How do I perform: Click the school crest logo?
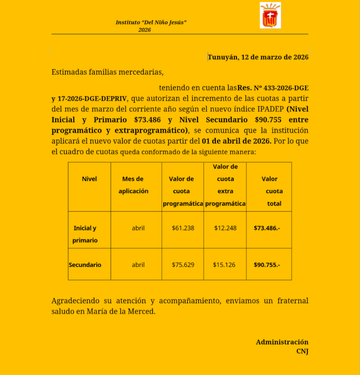pos(270,15)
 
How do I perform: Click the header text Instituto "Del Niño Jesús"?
pos(151,22)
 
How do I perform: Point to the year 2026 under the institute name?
pos(145,30)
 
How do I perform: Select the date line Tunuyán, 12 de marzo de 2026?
pos(258,57)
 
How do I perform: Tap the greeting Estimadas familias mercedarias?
pos(107,72)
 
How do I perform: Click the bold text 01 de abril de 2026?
pos(237,140)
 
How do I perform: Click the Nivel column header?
pos(89,179)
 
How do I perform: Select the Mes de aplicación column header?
pos(133,185)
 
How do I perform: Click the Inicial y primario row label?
pos(85,234)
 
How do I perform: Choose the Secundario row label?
pos(85,265)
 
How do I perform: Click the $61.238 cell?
pos(183,228)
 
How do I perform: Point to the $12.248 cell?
pos(225,228)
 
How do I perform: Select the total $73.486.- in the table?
pos(267,228)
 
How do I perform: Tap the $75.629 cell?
pos(183,265)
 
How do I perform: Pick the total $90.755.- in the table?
pos(267,265)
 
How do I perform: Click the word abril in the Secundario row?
pos(138,265)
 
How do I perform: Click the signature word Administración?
pos(282,342)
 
